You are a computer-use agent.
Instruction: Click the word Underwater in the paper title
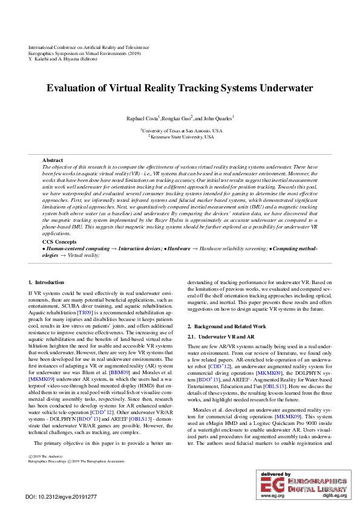tap(282, 88)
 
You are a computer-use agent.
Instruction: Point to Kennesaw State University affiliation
tap(182, 137)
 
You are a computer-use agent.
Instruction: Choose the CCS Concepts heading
tap(60, 241)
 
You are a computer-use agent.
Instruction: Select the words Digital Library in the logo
tap(318, 487)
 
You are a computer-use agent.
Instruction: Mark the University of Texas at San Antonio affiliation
tap(182, 130)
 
